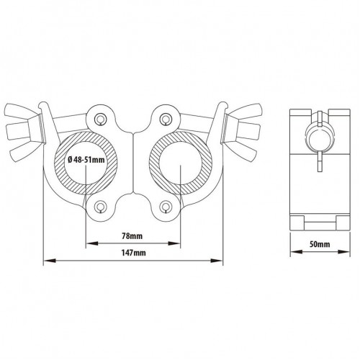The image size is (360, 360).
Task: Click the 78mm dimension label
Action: pyautogui.click(x=132, y=236)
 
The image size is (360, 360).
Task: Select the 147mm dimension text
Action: pyautogui.click(x=134, y=253)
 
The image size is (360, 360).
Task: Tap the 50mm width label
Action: pyautogui.click(x=320, y=244)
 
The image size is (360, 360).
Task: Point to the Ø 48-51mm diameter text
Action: pyautogui.click(x=86, y=159)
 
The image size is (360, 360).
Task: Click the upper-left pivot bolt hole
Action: pyautogui.click(x=99, y=118)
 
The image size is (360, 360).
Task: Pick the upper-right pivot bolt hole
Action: pyautogui.click(x=165, y=118)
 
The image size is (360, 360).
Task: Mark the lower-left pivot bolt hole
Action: pyautogui.click(x=99, y=206)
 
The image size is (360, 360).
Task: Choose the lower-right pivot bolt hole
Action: pyautogui.click(x=165, y=206)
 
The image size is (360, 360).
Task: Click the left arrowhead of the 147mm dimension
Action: pyautogui.click(x=50, y=261)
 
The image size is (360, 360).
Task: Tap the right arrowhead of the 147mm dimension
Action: pyautogui.click(x=217, y=261)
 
